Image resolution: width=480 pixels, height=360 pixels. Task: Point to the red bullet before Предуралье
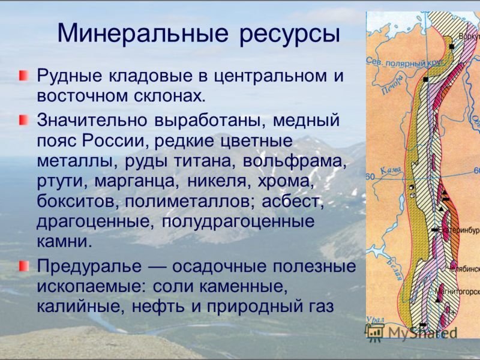(23, 264)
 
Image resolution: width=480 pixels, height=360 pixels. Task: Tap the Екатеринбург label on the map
(461, 230)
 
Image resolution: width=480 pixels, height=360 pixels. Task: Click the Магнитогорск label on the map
(458, 295)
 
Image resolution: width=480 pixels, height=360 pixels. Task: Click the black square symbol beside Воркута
(451, 46)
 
